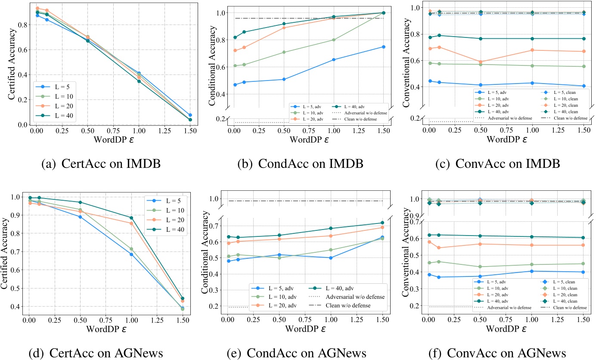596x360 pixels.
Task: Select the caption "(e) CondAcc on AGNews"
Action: pyautogui.click(x=297, y=353)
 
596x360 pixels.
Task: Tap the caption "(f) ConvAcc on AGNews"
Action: pyautogui.click(x=501, y=353)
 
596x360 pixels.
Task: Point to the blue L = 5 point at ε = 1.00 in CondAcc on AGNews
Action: pyautogui.click(x=330, y=258)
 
